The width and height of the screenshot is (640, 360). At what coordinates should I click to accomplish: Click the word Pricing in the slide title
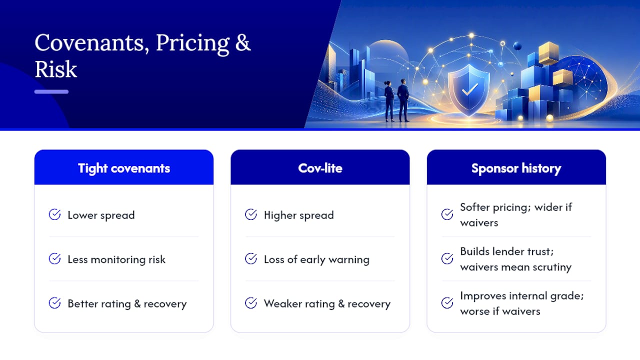click(x=192, y=43)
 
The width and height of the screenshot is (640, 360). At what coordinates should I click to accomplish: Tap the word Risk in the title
click(x=56, y=69)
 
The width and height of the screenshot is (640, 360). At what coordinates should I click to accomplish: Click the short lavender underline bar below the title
click(x=51, y=91)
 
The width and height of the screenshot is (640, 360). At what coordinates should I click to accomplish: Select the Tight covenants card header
click(x=124, y=167)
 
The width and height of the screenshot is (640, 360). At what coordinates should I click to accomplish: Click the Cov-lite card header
click(x=320, y=167)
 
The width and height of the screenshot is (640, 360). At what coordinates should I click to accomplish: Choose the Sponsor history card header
click(x=516, y=167)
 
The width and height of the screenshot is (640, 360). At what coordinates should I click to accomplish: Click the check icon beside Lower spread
click(x=54, y=214)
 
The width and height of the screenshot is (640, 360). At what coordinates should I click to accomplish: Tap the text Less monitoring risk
click(x=116, y=259)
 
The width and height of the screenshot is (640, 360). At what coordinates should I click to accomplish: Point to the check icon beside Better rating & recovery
click(x=54, y=303)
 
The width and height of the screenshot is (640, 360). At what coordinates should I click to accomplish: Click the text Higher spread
click(x=299, y=215)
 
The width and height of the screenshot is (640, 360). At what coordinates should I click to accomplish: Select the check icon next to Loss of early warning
click(x=251, y=259)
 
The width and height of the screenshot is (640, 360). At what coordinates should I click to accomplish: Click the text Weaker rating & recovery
click(x=327, y=304)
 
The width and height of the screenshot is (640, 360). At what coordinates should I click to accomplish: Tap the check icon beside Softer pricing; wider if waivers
click(x=447, y=214)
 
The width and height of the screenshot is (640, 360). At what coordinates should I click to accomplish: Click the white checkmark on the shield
click(x=469, y=89)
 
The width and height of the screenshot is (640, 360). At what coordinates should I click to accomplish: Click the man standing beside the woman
click(x=403, y=100)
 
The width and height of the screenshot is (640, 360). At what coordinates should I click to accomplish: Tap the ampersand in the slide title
click(x=243, y=43)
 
